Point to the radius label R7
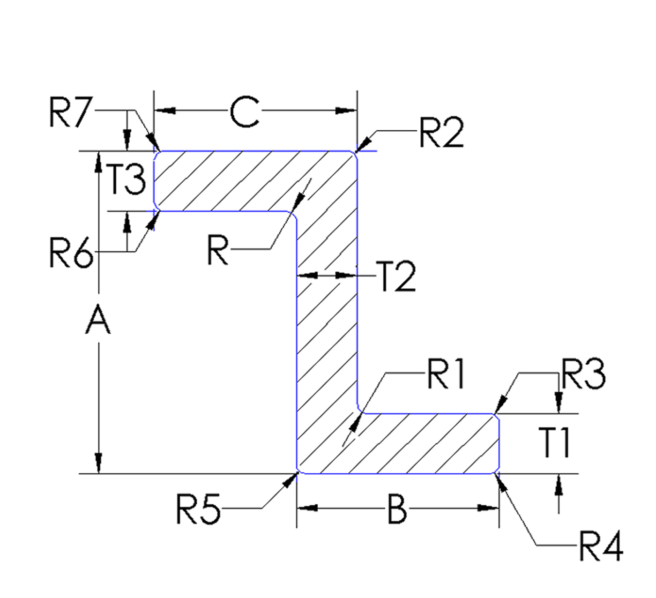click(x=70, y=113)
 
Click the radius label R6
click(x=71, y=254)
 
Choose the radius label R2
click(x=441, y=133)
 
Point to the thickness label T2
click(x=396, y=277)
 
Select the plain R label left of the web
click(x=218, y=250)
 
